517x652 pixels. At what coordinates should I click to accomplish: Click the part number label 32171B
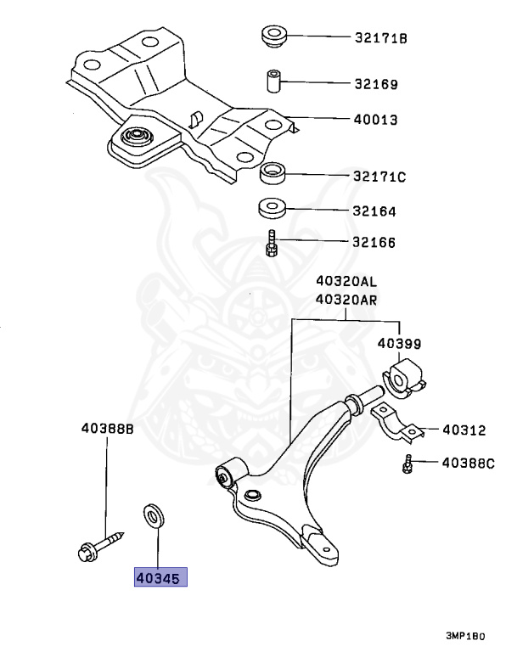[x=381, y=38]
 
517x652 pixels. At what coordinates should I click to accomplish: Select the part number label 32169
[x=376, y=85]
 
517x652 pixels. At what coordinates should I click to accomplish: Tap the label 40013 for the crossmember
[x=376, y=120]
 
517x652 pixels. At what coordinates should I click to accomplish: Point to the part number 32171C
[x=380, y=177]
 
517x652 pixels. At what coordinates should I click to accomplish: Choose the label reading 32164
[x=376, y=211]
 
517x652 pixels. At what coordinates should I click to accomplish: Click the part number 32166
[x=376, y=243]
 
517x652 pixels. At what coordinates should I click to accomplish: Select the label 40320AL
[x=346, y=283]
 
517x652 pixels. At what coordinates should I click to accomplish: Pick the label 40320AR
[x=346, y=300]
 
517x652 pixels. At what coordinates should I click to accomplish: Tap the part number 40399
[x=399, y=344]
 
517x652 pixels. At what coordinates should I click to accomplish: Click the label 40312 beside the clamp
[x=464, y=430]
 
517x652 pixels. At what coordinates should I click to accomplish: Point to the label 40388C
[x=467, y=464]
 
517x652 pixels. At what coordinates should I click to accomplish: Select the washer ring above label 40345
[x=154, y=514]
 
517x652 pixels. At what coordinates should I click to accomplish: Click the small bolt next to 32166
[x=269, y=244]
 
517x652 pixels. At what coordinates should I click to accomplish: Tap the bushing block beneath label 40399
[x=404, y=377]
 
